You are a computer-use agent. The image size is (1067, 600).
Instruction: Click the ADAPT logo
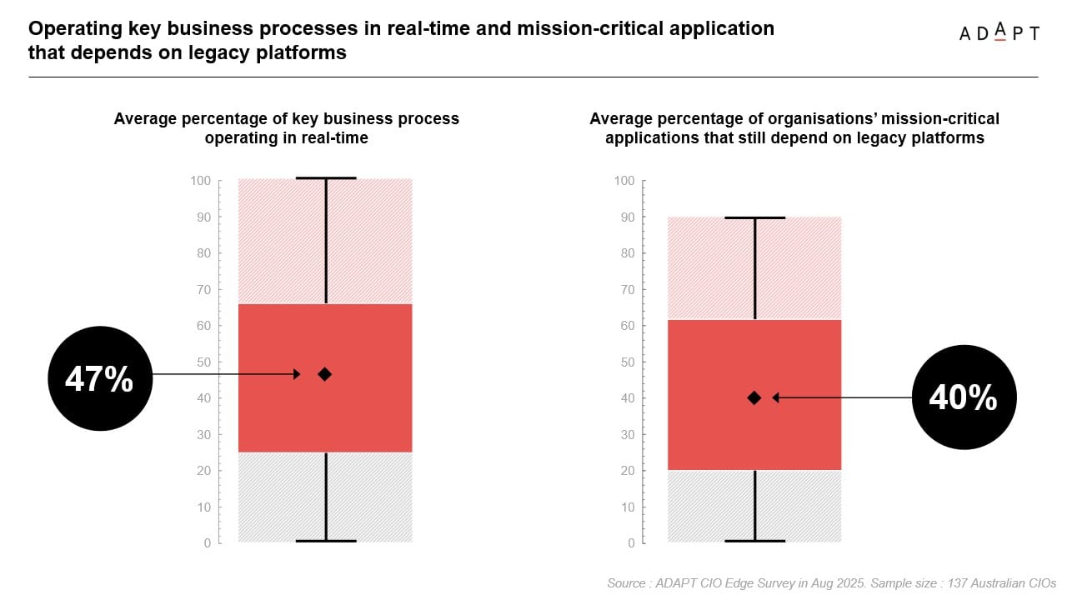(999, 33)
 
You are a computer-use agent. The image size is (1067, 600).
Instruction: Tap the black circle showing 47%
(100, 378)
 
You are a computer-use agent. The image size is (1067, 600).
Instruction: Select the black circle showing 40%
(964, 397)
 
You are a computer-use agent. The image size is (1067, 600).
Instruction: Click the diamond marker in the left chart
(324, 374)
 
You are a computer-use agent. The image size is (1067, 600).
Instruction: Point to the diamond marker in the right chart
(754, 397)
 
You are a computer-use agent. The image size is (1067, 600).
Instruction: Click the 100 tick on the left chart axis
(201, 181)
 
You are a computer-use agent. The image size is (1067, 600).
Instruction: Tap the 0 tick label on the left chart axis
(207, 543)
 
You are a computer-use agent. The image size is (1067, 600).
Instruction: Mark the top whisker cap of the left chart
(326, 177)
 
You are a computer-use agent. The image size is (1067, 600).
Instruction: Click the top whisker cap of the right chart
(754, 217)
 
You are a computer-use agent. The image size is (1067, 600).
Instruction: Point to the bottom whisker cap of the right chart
(754, 541)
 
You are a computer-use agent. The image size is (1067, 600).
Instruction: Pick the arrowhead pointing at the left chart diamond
(296, 374)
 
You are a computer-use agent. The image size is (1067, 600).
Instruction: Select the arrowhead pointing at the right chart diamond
(776, 397)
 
